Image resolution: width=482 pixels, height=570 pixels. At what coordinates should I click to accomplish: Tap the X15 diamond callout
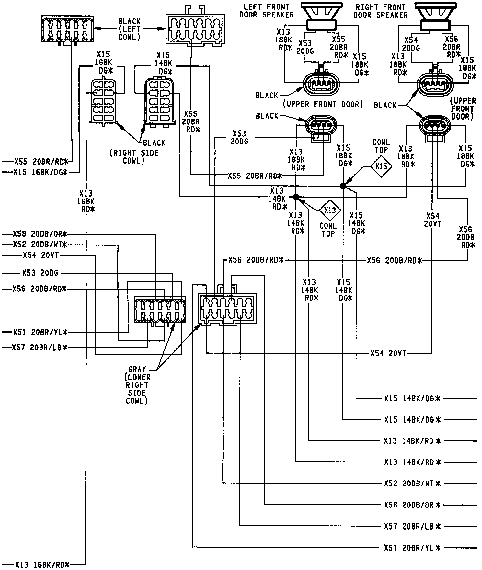click(381, 166)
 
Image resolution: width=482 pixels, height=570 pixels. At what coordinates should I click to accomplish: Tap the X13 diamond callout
click(330, 211)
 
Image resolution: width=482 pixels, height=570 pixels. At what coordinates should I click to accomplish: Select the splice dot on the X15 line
click(343, 186)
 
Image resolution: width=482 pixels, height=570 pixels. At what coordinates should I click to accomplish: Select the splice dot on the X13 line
click(295, 197)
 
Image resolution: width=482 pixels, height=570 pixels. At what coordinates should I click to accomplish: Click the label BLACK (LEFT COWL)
click(129, 29)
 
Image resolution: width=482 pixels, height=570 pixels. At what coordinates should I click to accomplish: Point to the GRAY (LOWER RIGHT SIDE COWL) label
click(137, 385)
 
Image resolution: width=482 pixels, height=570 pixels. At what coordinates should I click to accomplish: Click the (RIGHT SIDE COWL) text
click(133, 157)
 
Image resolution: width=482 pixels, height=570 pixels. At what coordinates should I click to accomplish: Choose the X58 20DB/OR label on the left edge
click(40, 234)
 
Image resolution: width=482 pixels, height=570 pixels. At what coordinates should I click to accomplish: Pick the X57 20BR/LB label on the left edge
click(40, 348)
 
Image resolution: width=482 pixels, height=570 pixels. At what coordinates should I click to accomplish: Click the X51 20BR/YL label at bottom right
click(412, 548)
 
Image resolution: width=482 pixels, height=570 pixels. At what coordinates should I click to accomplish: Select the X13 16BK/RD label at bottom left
click(42, 565)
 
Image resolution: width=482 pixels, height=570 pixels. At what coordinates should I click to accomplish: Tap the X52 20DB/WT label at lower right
click(412, 484)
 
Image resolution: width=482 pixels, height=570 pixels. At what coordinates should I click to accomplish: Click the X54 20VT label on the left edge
click(41, 255)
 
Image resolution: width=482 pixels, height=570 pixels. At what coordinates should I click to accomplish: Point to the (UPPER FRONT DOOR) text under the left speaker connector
click(323, 104)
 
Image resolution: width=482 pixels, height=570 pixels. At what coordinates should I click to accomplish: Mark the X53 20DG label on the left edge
click(40, 273)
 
